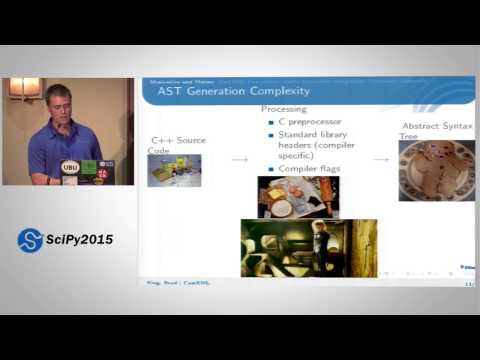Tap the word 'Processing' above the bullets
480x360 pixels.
284,108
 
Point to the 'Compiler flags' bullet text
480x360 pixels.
309,168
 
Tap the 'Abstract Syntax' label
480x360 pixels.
436,126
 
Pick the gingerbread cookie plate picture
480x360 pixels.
436,170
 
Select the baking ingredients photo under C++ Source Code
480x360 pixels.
175,170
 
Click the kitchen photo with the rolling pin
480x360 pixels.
297,197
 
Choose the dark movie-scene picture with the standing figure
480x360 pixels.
308,248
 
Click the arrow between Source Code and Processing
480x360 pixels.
239,159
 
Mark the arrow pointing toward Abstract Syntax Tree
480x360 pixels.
381,159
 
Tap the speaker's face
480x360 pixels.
57,104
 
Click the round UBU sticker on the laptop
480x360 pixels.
70,167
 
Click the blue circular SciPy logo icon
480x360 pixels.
30,240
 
